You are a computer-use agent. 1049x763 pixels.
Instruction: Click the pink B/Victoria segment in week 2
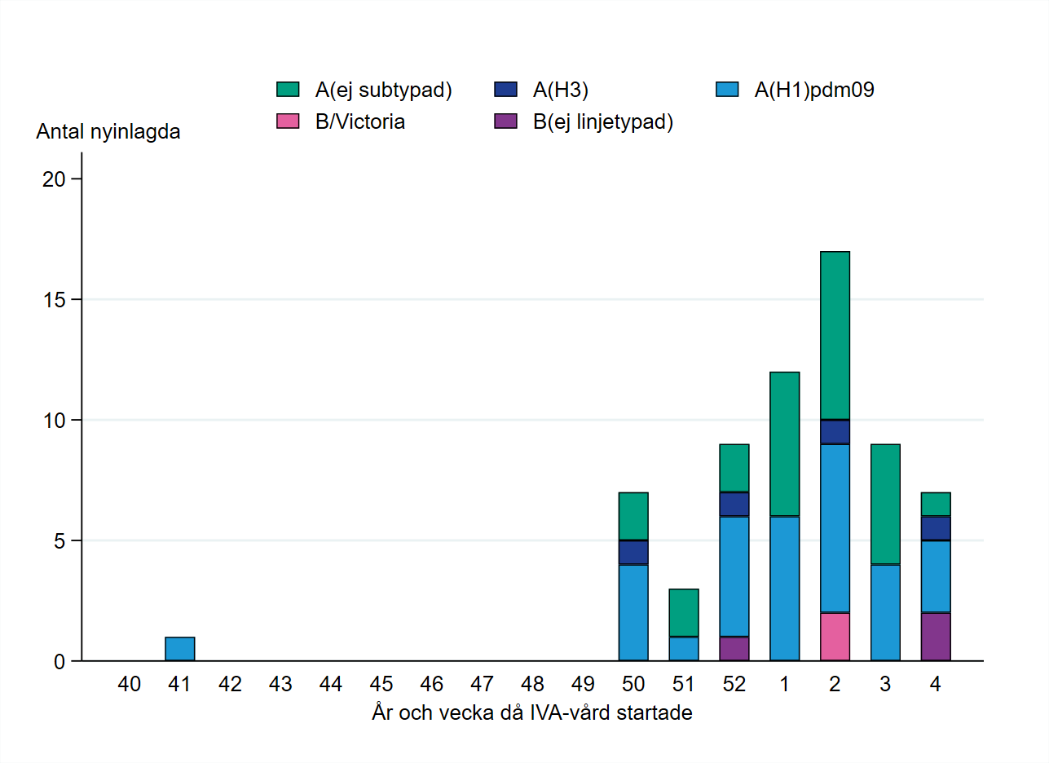pos(835,636)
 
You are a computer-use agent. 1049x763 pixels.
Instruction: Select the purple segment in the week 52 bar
pos(734,648)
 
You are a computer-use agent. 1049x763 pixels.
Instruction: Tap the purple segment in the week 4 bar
pos(936,636)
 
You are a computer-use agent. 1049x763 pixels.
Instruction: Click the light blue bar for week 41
pos(179,649)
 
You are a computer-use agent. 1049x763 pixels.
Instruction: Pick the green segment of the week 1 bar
pos(784,443)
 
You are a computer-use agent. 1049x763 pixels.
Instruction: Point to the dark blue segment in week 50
pos(633,552)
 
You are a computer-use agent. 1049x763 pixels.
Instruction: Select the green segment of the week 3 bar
pos(885,504)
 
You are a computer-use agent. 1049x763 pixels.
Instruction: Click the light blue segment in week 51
pos(684,648)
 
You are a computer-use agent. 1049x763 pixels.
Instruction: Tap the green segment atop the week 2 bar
pos(835,335)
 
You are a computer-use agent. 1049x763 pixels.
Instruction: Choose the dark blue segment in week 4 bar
pos(936,528)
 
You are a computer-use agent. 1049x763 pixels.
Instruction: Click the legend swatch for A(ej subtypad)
pos(289,90)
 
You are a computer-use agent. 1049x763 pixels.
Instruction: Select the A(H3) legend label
pos(561,90)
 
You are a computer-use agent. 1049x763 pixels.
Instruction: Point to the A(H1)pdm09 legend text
pos(813,90)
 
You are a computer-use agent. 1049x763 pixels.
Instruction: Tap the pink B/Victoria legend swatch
pos(289,122)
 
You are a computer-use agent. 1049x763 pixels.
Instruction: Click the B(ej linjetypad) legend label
pos(603,122)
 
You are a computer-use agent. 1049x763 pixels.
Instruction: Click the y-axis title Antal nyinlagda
pos(108,132)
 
